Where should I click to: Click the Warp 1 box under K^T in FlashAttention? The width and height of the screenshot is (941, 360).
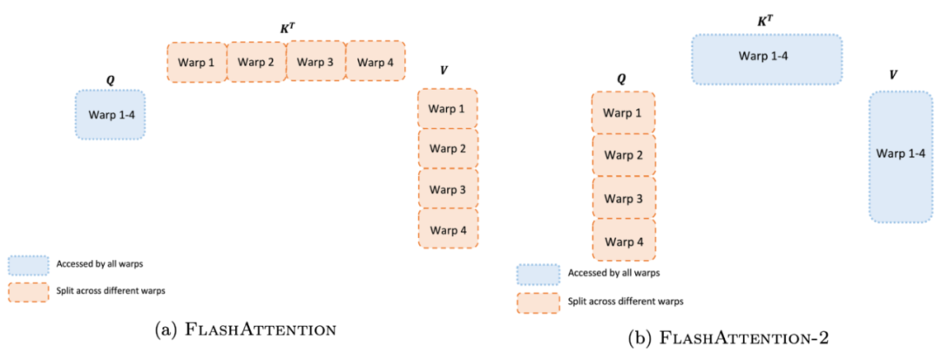pyautogui.click(x=197, y=62)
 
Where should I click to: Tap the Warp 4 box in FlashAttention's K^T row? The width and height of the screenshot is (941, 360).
pyautogui.click(x=376, y=61)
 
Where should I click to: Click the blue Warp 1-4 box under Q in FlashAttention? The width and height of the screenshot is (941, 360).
pyautogui.click(x=110, y=114)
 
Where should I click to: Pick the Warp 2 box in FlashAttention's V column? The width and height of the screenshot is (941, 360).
pyautogui.click(x=448, y=148)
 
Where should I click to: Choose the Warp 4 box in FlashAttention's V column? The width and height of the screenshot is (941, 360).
pyautogui.click(x=448, y=230)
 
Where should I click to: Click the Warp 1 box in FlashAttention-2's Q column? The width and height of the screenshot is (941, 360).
pyautogui.click(x=623, y=113)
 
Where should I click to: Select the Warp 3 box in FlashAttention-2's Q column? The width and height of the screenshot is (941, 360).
pyautogui.click(x=623, y=199)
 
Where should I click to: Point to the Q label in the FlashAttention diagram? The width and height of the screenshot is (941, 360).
pyautogui.click(x=110, y=79)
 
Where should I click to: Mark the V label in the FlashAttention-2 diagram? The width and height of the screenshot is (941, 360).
pyautogui.click(x=893, y=75)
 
